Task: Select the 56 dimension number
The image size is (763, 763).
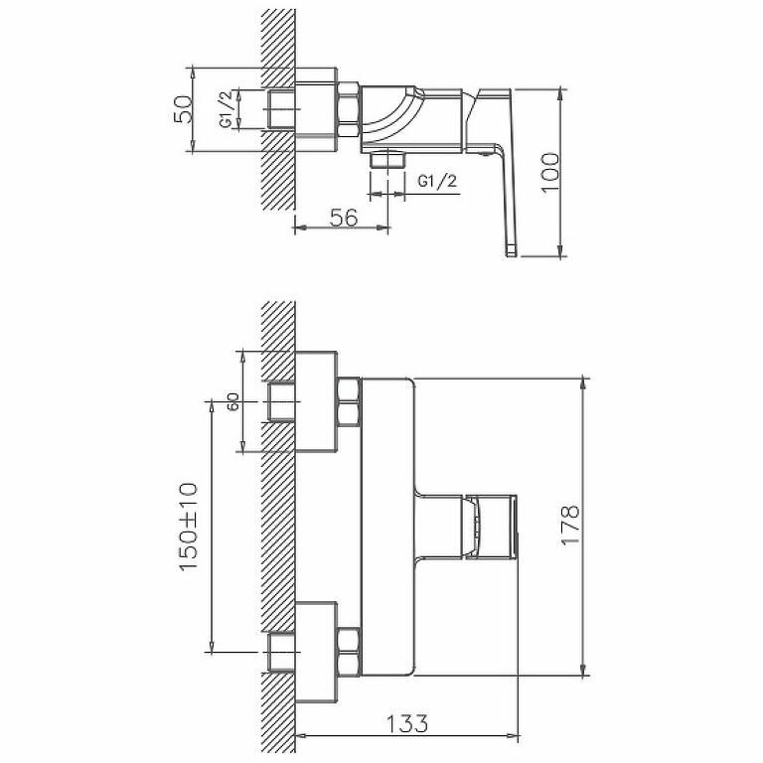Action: pyautogui.click(x=343, y=219)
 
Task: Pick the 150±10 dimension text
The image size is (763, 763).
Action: pyautogui.click(x=189, y=526)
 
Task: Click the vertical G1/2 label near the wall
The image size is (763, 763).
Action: pyautogui.click(x=226, y=108)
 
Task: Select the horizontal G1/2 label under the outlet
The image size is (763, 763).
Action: pyautogui.click(x=437, y=182)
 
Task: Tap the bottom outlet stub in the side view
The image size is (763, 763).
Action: pyautogui.click(x=385, y=159)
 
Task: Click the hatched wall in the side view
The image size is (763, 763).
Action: pyautogui.click(x=277, y=109)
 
